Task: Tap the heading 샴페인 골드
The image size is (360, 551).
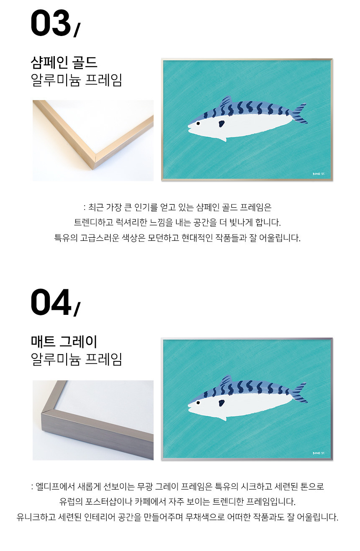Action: click(64, 62)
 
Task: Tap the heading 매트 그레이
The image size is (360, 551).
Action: click(64, 342)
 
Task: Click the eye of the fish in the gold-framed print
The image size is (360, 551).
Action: click(198, 124)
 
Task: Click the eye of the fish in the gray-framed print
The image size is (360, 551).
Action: click(198, 403)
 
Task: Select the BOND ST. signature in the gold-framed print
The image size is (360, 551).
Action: click(319, 174)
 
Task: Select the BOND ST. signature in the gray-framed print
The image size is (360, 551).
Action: click(319, 453)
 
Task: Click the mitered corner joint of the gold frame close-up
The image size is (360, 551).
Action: click(95, 161)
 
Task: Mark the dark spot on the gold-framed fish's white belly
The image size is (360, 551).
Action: click(221, 124)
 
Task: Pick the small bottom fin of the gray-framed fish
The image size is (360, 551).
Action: click(223, 418)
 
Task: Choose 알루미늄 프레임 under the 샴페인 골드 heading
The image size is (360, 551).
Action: click(76, 80)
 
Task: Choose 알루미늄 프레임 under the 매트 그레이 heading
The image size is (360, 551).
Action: click(76, 359)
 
